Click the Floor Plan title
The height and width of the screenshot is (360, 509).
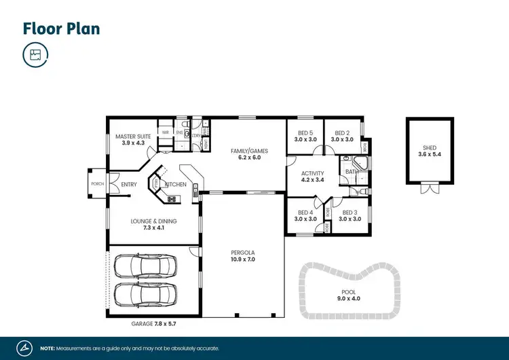(62, 28)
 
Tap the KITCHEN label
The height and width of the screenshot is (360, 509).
(176, 185)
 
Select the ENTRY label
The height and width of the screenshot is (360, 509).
(129, 185)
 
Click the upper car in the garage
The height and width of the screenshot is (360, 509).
(145, 266)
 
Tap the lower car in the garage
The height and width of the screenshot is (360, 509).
(145, 295)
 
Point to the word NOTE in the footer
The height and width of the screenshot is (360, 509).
(48, 347)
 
